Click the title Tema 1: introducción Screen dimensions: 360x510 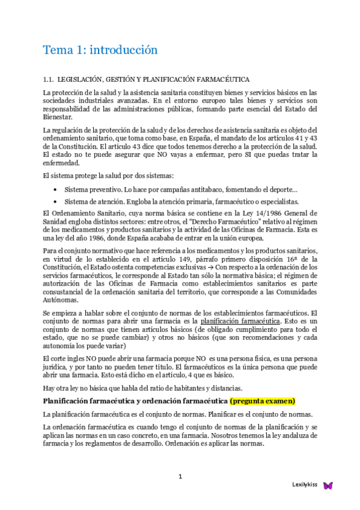click(100, 49)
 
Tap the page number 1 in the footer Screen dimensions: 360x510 click(180, 477)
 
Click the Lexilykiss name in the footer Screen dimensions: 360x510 click(305, 485)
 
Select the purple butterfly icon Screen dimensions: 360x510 click(328, 485)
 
